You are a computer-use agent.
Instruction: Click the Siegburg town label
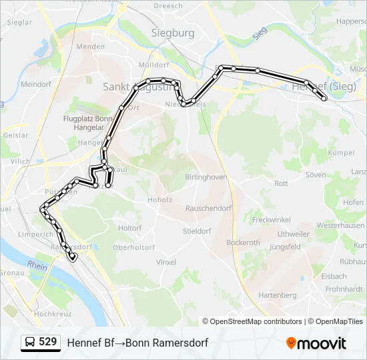click(x=173, y=32)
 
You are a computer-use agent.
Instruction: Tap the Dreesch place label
click(x=167, y=6)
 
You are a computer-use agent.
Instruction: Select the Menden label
click(x=91, y=47)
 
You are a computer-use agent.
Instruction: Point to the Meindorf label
click(x=36, y=85)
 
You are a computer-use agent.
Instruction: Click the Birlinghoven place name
click(x=206, y=177)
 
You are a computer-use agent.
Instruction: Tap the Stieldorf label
click(x=198, y=231)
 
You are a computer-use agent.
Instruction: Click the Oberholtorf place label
click(x=134, y=247)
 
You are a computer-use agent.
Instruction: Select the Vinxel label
click(x=166, y=263)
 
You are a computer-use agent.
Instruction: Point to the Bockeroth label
click(x=243, y=243)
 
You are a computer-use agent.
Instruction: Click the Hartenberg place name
click(x=277, y=295)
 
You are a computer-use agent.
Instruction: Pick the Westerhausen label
click(x=340, y=226)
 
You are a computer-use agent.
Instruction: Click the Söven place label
click(x=316, y=175)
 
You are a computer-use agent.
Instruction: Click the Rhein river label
click(x=37, y=265)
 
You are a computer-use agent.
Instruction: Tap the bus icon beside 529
click(x=30, y=343)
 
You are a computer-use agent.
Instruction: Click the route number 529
click(x=48, y=342)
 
